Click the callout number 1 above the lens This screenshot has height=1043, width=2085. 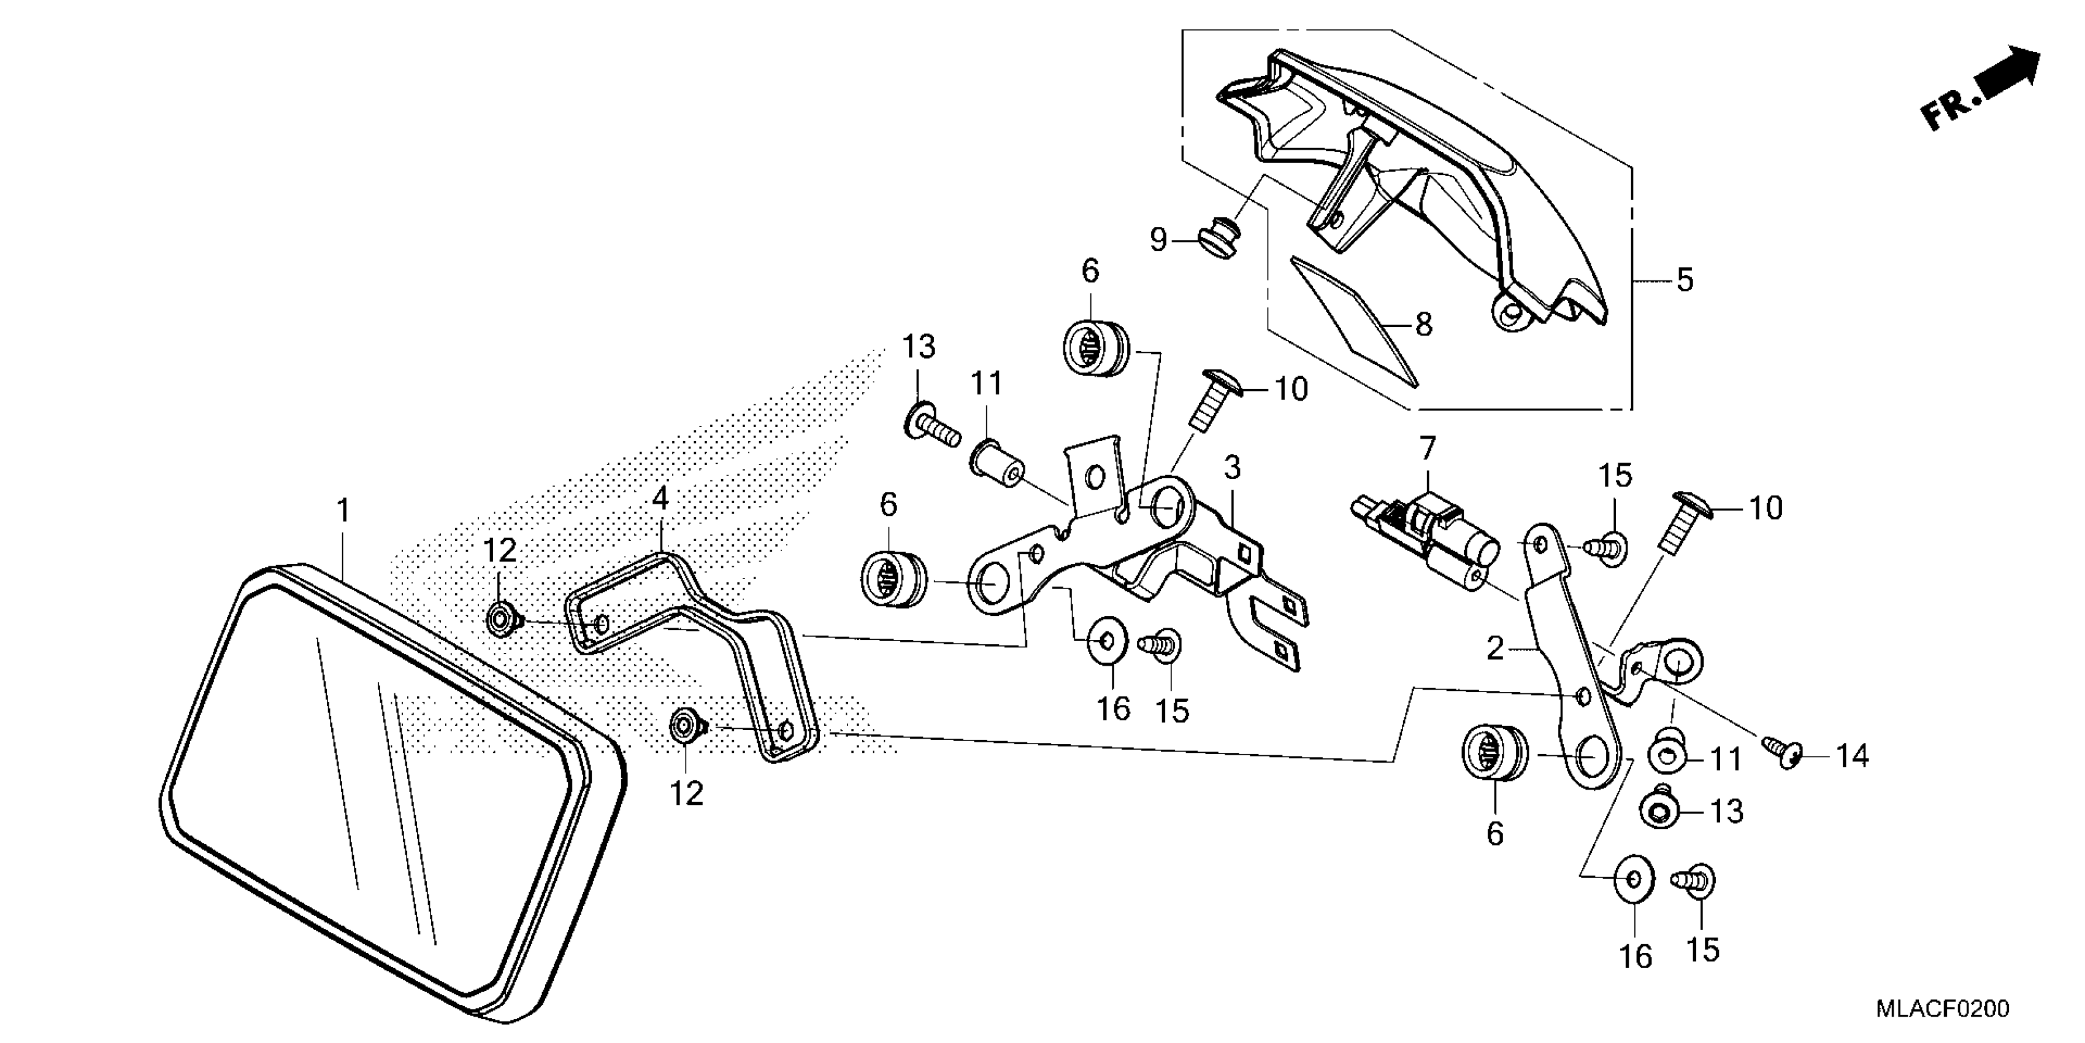[344, 511]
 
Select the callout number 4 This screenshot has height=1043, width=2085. [660, 499]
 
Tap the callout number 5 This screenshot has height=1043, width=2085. [1685, 280]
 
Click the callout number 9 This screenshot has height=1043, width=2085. [1159, 240]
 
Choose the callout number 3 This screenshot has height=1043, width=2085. [1232, 468]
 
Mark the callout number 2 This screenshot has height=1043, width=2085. [1495, 648]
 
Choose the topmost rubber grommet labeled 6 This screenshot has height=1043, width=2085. [1094, 348]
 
